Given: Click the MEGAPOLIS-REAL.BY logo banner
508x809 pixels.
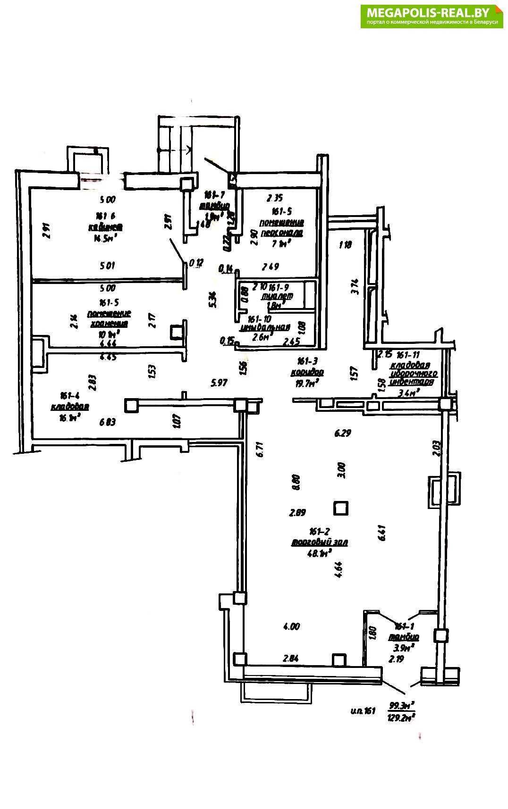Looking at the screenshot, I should pos(432,16).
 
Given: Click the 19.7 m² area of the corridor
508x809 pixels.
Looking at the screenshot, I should pos(306,383).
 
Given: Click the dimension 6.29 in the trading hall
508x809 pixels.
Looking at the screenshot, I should pos(342,433).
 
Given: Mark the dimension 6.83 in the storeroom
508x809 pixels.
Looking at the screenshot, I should pos(108,423).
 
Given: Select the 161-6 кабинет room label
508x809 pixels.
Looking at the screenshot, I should pos(106,222).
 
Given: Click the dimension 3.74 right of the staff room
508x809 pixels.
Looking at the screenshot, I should pos(356,287).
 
